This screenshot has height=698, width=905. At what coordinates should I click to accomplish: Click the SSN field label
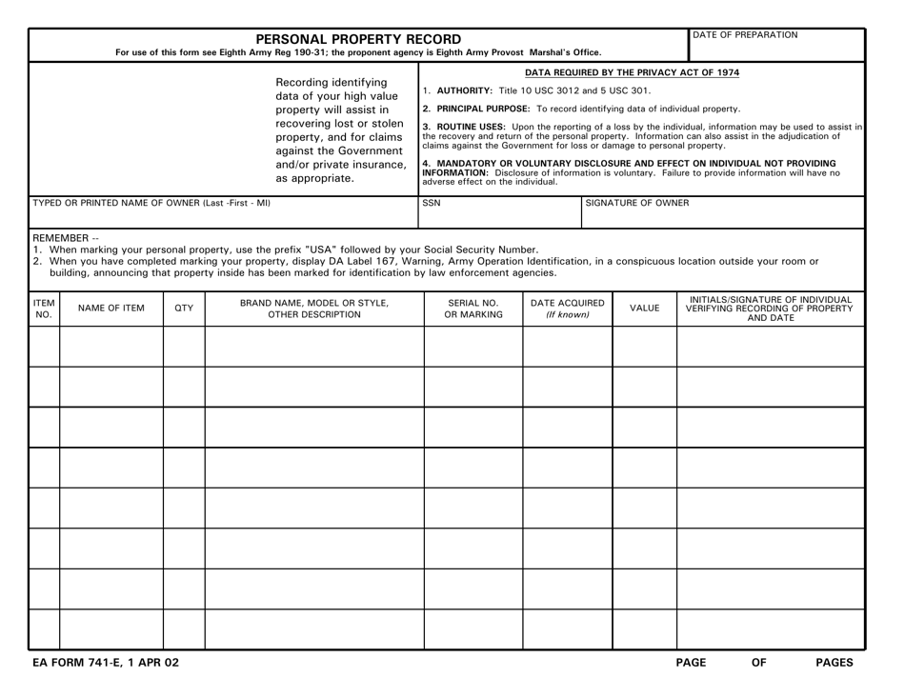pos(432,203)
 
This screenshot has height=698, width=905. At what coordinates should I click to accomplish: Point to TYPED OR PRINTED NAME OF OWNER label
pos(138,203)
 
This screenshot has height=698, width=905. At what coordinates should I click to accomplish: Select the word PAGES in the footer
pos(835,662)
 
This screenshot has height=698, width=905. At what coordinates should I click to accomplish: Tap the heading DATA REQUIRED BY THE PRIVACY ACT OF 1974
pos(633,72)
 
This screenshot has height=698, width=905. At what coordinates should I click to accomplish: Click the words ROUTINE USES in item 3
pos(466,126)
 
